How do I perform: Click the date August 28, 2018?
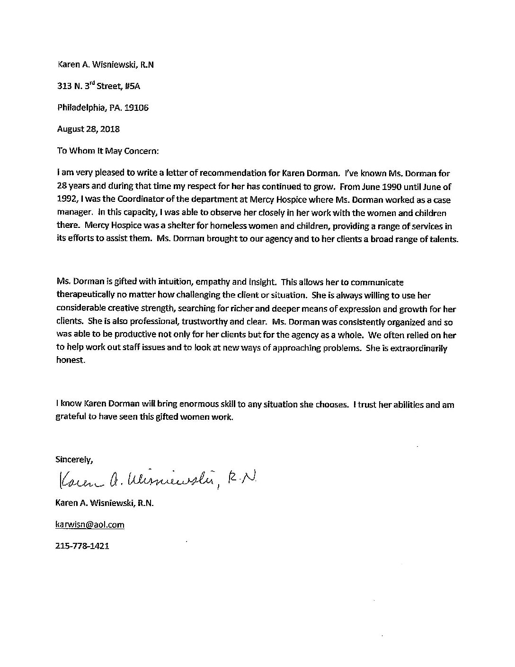tap(88, 129)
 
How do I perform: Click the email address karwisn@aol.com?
tap(90, 524)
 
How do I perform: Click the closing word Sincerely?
tap(74, 459)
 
